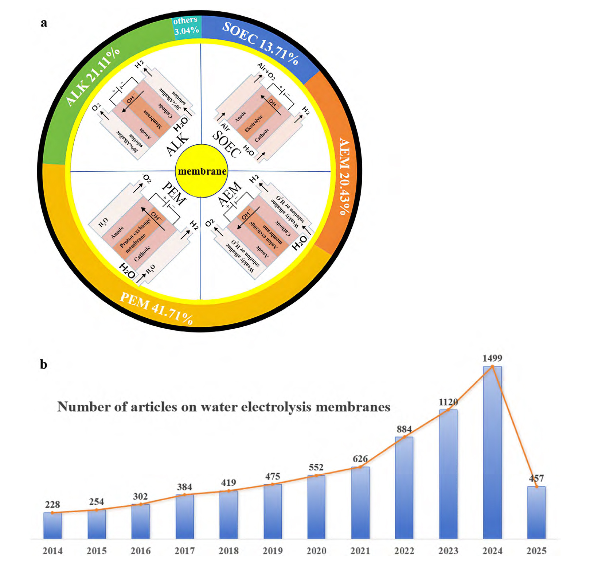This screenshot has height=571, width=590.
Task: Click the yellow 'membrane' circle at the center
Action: (202, 171)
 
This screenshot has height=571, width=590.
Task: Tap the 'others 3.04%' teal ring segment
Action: (186, 26)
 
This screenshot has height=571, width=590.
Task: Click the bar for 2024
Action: (492, 452)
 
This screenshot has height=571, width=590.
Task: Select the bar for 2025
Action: (536, 512)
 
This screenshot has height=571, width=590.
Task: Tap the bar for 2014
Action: (52, 525)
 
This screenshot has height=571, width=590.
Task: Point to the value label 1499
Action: (492, 358)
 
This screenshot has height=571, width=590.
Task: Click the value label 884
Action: (404, 429)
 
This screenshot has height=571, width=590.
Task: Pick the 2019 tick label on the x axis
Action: (273, 551)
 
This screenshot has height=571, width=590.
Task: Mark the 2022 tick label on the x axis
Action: (404, 551)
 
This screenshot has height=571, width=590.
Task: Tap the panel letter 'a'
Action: (44, 23)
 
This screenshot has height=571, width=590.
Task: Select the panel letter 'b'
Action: (43, 364)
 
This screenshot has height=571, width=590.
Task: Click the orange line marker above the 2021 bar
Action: (360, 467)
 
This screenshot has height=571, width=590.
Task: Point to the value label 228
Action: (52, 505)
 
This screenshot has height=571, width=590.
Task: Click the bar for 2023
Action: (448, 474)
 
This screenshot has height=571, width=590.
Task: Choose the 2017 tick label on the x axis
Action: (184, 551)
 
